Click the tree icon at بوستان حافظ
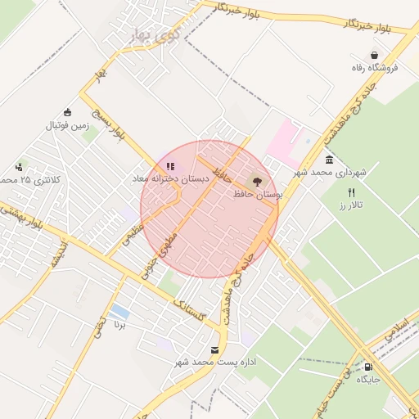[x=258, y=182]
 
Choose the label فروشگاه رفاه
[x=375, y=68]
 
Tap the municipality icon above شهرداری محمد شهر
[x=329, y=160]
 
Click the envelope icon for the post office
[x=214, y=349]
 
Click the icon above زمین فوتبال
[x=67, y=113]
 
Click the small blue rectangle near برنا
[x=119, y=312]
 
